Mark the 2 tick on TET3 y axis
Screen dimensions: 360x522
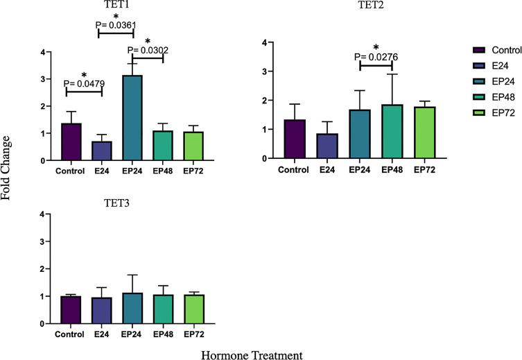pyautogui.click(x=42, y=268)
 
